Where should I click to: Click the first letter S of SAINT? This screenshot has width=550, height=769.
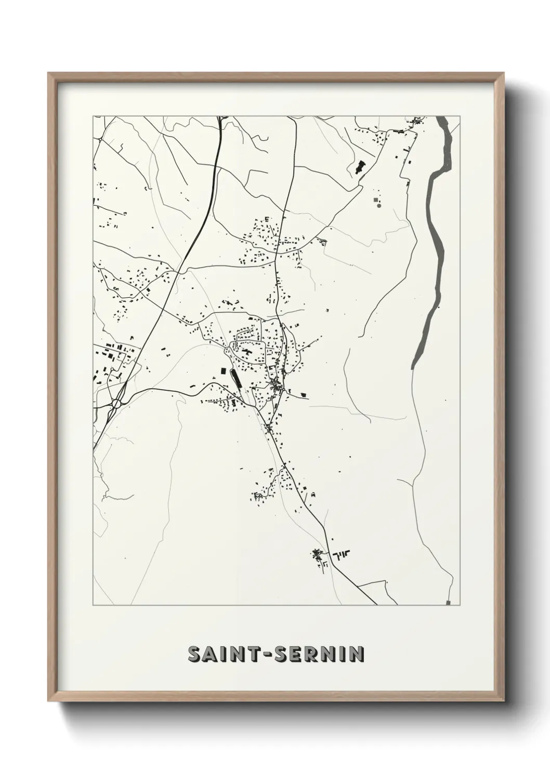pyautogui.click(x=193, y=654)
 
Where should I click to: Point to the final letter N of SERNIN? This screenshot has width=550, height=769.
pyautogui.click(x=357, y=654)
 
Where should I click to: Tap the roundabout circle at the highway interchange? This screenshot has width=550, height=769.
pyautogui.click(x=116, y=403)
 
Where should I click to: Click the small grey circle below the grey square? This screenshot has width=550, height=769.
pyautogui.click(x=378, y=206)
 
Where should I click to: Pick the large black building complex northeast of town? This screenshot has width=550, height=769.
pyautogui.click(x=359, y=167)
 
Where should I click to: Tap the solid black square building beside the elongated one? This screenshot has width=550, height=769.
pyautogui.click(x=224, y=371)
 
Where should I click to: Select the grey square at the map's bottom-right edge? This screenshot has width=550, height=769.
pyautogui.click(x=448, y=602)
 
